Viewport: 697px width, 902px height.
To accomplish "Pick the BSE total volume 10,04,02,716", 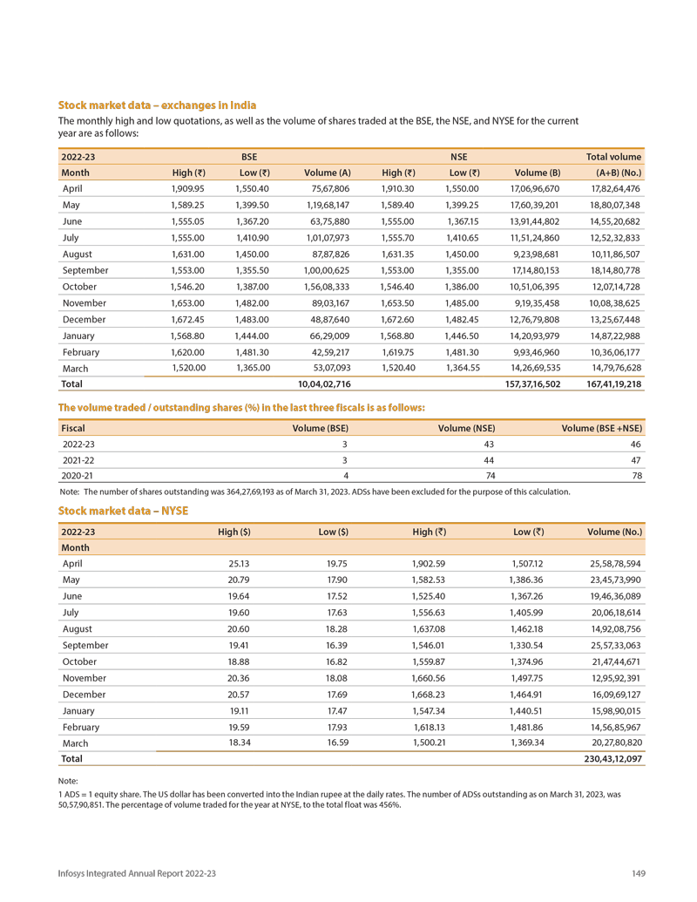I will click(x=324, y=384).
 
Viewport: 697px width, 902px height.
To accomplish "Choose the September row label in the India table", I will click(x=85, y=271).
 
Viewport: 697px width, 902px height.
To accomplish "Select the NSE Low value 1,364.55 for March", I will click(x=463, y=369).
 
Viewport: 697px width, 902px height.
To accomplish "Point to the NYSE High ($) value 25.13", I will click(x=238, y=564).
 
